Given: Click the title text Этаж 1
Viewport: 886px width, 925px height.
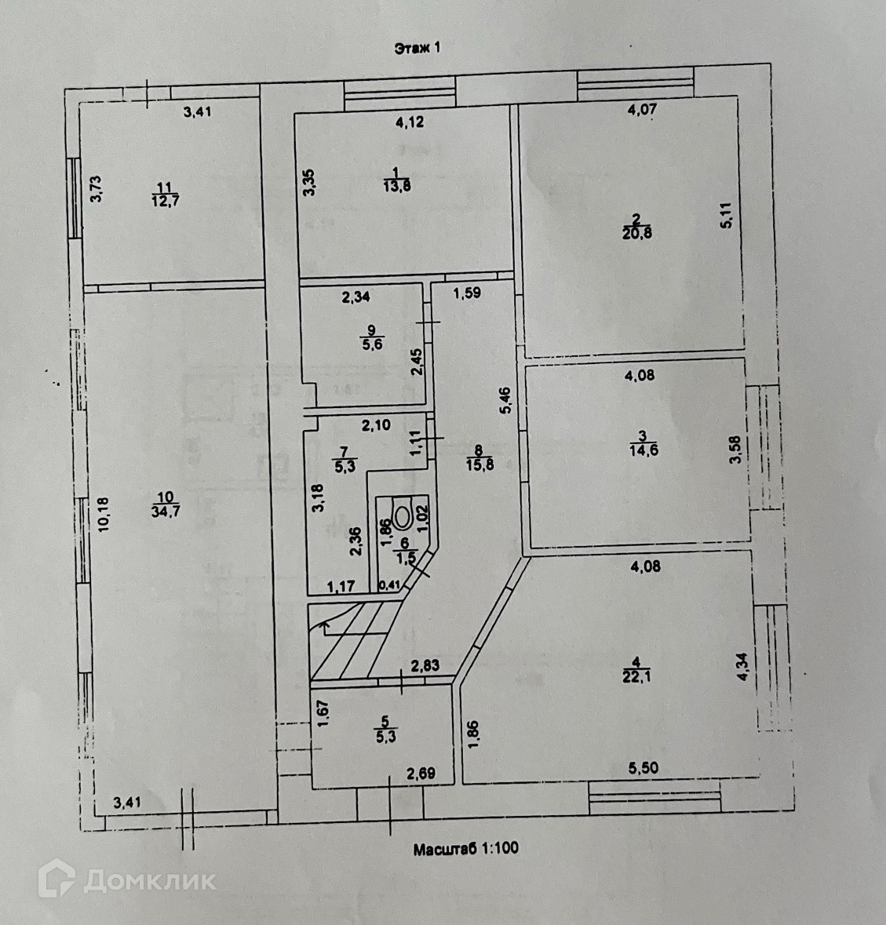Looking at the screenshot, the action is (x=417, y=48).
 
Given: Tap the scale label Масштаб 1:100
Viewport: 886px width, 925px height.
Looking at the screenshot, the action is (x=466, y=849).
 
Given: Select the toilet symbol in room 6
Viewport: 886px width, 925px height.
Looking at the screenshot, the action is (x=403, y=512).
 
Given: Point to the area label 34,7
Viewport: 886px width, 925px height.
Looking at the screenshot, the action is (x=166, y=512).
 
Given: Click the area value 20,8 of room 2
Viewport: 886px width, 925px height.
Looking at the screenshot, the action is (x=637, y=234).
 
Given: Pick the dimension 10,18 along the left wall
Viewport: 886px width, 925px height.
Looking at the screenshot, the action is (x=104, y=515).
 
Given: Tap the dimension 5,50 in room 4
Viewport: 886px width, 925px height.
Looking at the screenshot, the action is (x=644, y=767).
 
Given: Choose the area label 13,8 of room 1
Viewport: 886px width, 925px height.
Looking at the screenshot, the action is (x=397, y=187).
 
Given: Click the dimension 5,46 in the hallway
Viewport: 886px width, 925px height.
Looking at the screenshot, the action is (x=505, y=400).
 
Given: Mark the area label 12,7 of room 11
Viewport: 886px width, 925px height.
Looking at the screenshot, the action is (x=166, y=201).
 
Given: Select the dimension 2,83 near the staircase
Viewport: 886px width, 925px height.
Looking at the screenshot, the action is (x=425, y=665).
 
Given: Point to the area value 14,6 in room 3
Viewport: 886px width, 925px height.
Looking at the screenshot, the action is (x=644, y=450).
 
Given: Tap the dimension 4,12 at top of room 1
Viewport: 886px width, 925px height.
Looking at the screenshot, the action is (x=410, y=122).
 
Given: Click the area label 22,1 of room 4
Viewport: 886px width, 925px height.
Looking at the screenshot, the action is (x=636, y=676).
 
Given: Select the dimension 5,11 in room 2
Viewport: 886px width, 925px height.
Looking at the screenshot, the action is (x=726, y=215).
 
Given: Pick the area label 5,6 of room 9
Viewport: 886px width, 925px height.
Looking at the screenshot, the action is (x=372, y=344).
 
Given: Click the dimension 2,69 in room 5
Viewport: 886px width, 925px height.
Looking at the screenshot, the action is (x=421, y=774).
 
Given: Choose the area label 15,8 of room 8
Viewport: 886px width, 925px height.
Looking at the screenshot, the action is (x=480, y=465).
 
